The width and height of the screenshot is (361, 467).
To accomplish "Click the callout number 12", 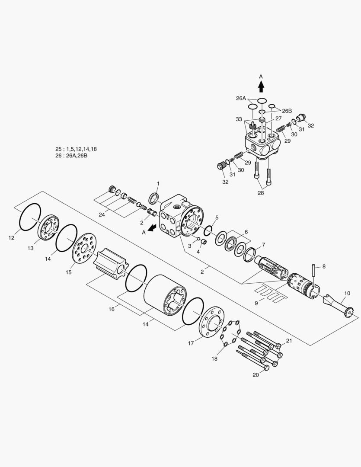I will pyautogui.click(x=11, y=238).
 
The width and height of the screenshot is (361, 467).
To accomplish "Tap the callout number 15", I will pyautogui.click(x=68, y=272).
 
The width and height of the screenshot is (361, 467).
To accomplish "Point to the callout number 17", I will pyautogui.click(x=191, y=344).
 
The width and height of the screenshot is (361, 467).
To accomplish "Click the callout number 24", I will pyautogui.click(x=102, y=214).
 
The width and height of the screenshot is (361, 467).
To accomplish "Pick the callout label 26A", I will pyautogui.click(x=241, y=98).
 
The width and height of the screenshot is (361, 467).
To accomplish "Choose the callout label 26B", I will pyautogui.click(x=287, y=110).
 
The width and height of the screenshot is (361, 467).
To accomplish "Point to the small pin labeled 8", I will pyautogui.click(x=314, y=273).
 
